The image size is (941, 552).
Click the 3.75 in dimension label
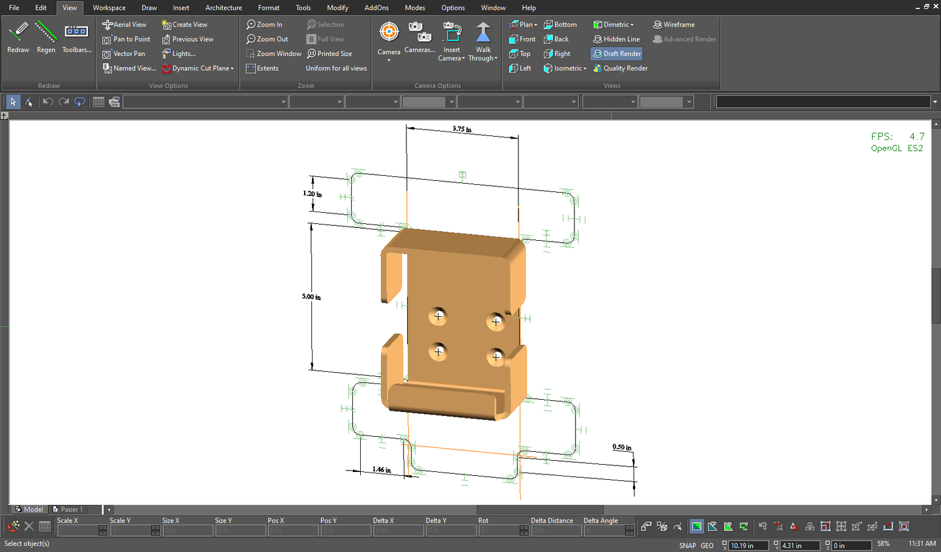point(462,129)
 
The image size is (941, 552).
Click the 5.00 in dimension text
point(311,297)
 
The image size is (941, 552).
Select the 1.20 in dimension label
point(312,194)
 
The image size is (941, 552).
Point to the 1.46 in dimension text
point(382,469)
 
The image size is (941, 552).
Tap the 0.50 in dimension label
point(621,447)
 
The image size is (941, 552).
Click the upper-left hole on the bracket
point(438,316)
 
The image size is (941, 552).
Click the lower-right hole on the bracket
point(496,356)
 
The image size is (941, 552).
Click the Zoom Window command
point(274,54)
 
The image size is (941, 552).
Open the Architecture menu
point(223,8)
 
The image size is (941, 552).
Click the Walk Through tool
point(483,40)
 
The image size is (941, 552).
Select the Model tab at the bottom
point(29,509)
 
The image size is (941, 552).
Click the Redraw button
point(18,37)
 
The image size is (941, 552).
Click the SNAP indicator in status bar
point(687,545)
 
